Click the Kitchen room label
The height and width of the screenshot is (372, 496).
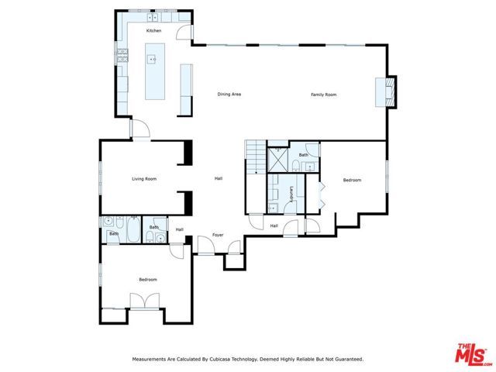pyautogui.click(x=154, y=30)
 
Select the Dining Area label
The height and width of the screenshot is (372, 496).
pyautogui.click(x=229, y=95)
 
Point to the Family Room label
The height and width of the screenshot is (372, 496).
pyautogui.click(x=324, y=95)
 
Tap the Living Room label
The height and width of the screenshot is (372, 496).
pyautogui.click(x=144, y=179)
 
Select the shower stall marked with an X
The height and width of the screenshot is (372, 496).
pyautogui.click(x=277, y=159)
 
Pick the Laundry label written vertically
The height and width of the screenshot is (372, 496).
pyautogui.click(x=291, y=194)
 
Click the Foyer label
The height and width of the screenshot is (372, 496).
pyautogui.click(x=218, y=235)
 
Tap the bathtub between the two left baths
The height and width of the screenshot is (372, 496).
pyautogui.click(x=133, y=230)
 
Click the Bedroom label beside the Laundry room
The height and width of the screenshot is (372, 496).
pyautogui.click(x=352, y=181)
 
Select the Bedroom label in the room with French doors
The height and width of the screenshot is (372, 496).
pyautogui.click(x=148, y=280)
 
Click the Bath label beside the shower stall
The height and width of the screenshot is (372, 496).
pyautogui.click(x=304, y=155)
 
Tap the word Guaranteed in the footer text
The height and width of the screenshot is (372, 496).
pyautogui.click(x=346, y=360)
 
